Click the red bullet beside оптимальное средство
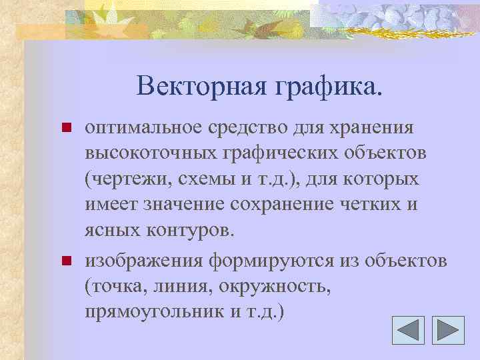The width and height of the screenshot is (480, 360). tap(65, 127)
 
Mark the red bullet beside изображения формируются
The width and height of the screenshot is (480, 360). tap(65, 260)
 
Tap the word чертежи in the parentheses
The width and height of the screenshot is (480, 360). tap(127, 180)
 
